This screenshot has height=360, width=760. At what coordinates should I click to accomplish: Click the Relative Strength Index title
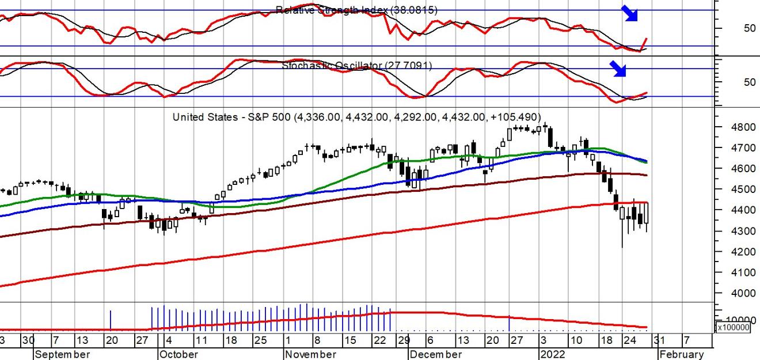(356, 10)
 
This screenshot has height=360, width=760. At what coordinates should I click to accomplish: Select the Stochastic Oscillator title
(356, 66)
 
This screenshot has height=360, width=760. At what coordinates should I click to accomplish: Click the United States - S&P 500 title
(357, 117)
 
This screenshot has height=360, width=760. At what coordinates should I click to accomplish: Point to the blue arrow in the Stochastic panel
(618, 69)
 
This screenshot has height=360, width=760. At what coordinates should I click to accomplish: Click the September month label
(62, 354)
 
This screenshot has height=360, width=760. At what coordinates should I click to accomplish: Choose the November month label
(310, 354)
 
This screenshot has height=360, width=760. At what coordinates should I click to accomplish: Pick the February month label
(681, 354)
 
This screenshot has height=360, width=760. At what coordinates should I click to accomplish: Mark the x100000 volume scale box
(732, 327)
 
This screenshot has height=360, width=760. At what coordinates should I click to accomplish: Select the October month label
(179, 354)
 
